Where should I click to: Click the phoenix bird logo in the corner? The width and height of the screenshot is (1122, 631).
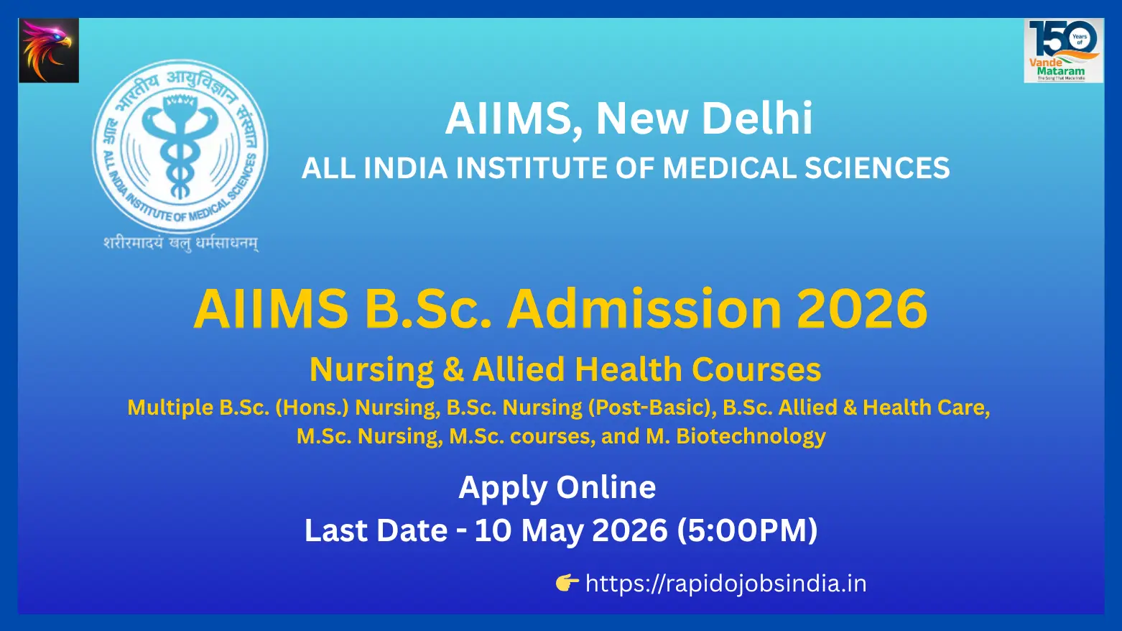click(x=49, y=50)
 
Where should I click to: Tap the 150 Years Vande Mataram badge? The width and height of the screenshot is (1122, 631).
click(x=1063, y=50)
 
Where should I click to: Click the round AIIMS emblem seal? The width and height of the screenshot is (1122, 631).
click(x=180, y=147)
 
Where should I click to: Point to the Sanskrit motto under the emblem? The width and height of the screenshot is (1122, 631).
click(x=181, y=244)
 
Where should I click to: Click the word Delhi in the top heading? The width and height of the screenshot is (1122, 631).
click(x=757, y=119)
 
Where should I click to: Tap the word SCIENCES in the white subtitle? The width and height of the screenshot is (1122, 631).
click(x=877, y=168)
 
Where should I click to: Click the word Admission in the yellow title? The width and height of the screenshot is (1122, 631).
click(x=644, y=309)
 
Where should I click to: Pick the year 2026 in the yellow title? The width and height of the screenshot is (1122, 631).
click(x=862, y=309)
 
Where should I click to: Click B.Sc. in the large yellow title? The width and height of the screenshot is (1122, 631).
click(x=428, y=309)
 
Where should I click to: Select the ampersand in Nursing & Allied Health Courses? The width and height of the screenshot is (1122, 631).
click(x=453, y=370)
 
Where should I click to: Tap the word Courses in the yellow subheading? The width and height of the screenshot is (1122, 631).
click(x=756, y=370)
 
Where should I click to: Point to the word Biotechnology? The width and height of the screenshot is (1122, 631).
click(x=751, y=436)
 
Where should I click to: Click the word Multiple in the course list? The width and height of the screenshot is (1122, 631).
click(x=170, y=407)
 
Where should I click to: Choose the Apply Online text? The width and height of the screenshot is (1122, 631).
click(x=557, y=487)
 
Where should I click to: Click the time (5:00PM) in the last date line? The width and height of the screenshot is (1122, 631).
click(x=747, y=530)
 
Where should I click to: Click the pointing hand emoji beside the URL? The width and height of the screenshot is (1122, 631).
click(x=567, y=583)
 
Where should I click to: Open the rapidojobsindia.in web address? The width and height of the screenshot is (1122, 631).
click(x=725, y=584)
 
